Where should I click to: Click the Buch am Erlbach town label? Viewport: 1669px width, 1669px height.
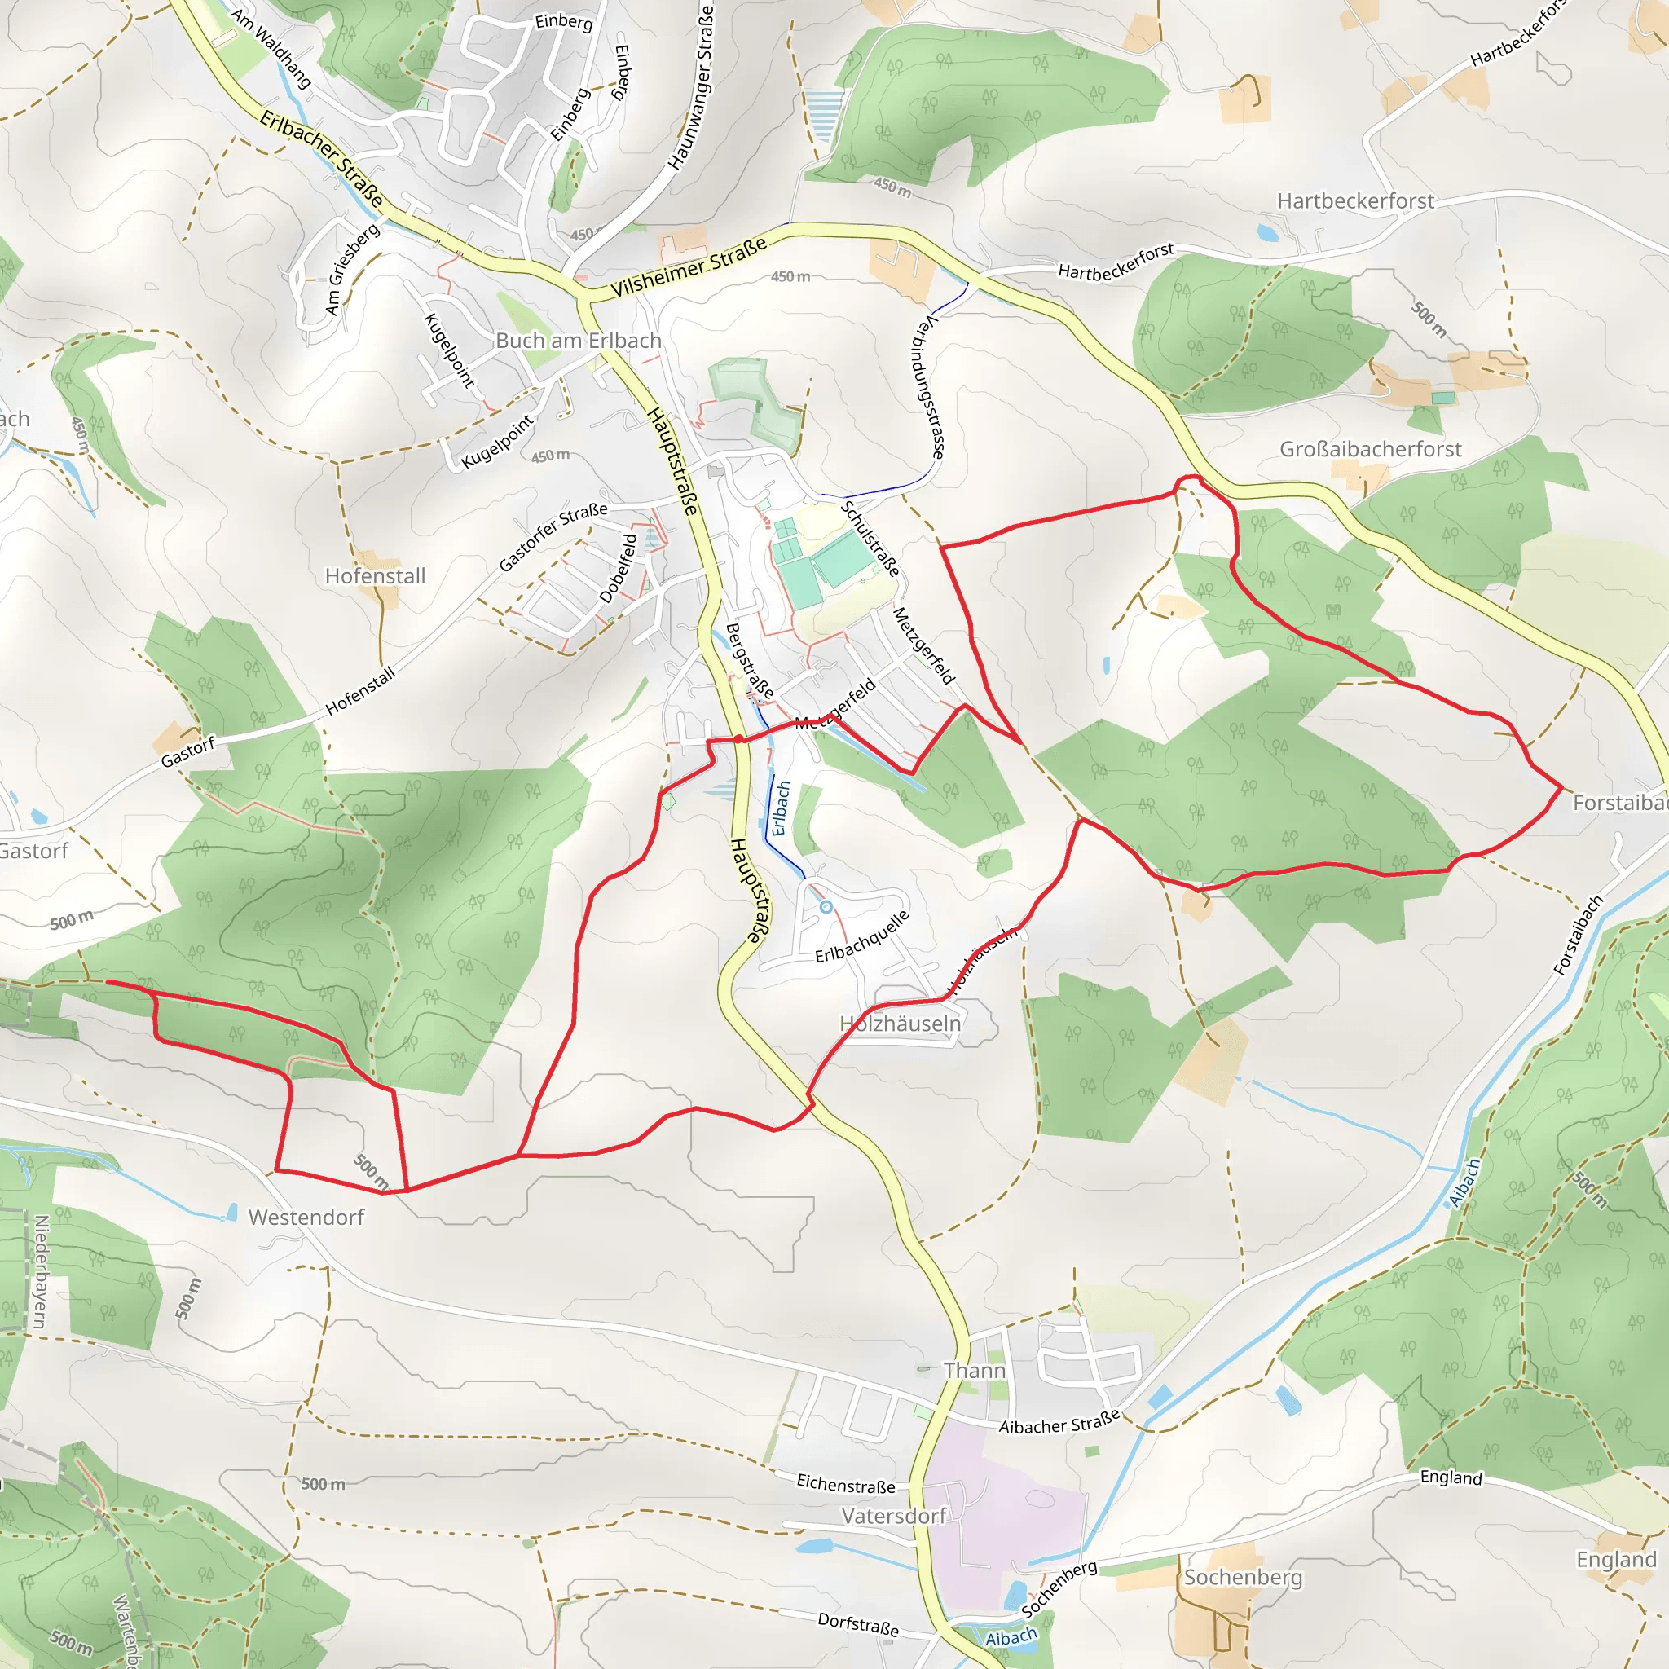coord(578,341)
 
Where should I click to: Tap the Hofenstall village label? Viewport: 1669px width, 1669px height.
coord(375,576)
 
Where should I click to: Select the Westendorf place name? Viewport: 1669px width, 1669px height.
coord(306,1218)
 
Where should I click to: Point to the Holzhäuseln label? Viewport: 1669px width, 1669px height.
coord(901,1024)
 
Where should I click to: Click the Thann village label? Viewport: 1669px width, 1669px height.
coord(975,1371)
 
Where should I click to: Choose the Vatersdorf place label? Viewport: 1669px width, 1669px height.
coord(894,1516)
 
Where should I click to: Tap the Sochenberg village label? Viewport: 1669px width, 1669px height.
coord(1243,1578)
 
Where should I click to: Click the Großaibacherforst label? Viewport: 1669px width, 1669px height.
coord(1370,449)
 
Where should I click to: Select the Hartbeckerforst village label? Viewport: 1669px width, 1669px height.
coord(1355,201)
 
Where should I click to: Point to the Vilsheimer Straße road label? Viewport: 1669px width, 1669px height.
coord(689,267)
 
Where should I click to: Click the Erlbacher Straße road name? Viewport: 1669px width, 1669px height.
coord(321,158)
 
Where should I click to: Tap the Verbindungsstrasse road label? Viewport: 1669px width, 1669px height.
coord(927,387)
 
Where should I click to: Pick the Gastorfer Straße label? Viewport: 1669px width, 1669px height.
coord(553,536)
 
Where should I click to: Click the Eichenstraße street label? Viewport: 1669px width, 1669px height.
coord(846,1484)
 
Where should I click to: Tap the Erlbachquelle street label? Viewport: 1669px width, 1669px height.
coord(862,936)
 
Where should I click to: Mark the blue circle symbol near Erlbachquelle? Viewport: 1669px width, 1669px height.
coord(826,907)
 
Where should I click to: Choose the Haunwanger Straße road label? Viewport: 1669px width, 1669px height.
coord(691,86)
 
